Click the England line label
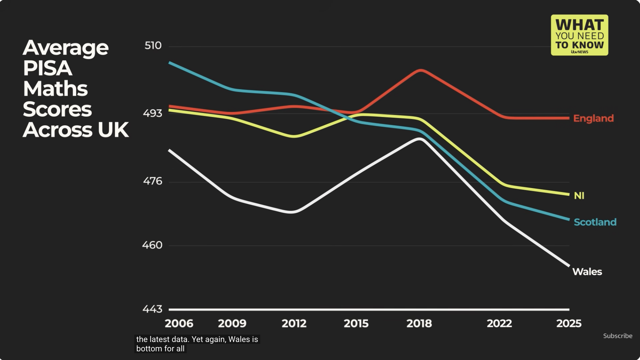(593, 118)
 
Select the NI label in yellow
(579, 195)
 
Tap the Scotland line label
(595, 222)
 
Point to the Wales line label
(587, 272)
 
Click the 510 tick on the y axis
(153, 46)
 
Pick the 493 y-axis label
(153, 113)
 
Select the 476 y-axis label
(153, 181)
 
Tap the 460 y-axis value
(152, 245)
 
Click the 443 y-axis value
(152, 309)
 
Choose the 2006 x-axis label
(179, 323)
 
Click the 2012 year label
(294, 323)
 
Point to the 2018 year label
(419, 323)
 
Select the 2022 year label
(499, 323)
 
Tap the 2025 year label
(569, 323)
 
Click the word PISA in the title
(48, 68)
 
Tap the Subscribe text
(618, 336)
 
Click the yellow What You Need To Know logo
(580, 35)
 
